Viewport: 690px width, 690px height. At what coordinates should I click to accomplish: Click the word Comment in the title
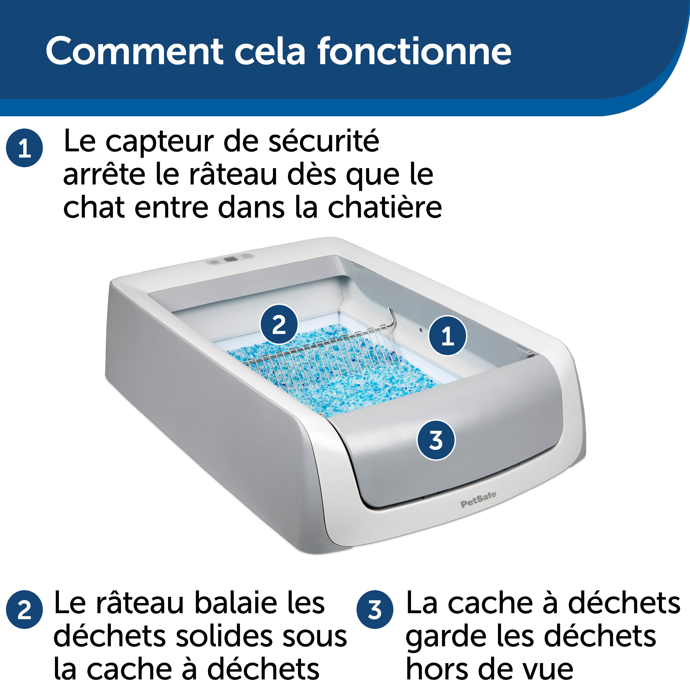coord(134,52)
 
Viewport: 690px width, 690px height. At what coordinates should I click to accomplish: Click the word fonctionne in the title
coord(414,52)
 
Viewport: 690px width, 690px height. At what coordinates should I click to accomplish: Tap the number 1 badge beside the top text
coord(24,148)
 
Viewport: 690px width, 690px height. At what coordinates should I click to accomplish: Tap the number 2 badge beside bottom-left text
coord(24,610)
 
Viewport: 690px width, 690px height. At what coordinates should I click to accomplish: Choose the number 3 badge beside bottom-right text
coord(375,610)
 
